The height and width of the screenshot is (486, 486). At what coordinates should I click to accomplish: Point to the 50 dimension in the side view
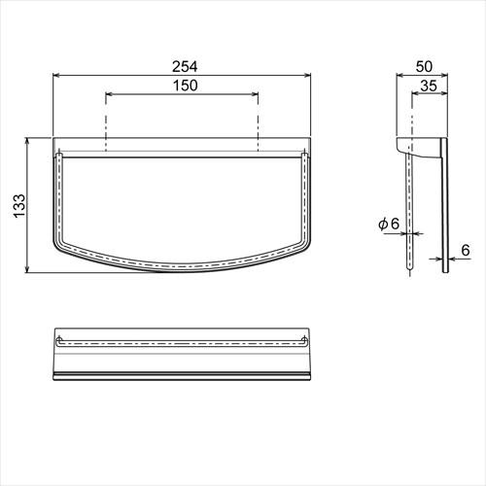423,65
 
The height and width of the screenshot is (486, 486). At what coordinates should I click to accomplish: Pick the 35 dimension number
429,86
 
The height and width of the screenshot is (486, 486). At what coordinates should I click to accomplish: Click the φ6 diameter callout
389,224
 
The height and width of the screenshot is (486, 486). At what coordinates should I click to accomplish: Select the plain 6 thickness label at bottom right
464,250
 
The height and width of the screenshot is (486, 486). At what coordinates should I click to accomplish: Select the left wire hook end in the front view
61,155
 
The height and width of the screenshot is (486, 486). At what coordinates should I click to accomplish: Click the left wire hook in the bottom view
61,342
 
